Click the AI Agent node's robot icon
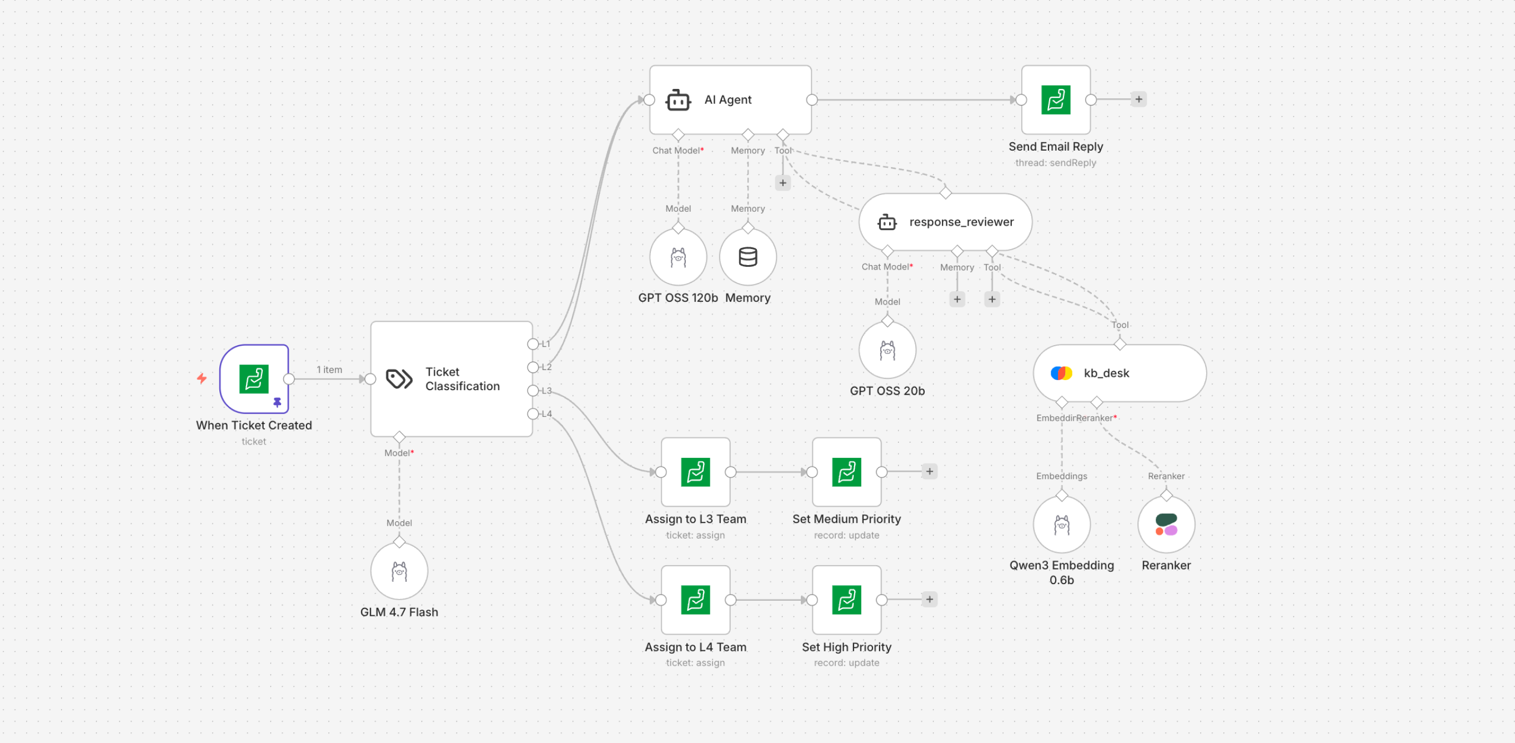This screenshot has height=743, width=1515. click(x=678, y=101)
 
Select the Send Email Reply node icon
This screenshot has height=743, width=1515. click(x=1055, y=100)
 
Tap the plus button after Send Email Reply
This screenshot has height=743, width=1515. click(x=1138, y=99)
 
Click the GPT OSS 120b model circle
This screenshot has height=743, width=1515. click(x=678, y=257)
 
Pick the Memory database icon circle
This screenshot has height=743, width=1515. click(x=748, y=257)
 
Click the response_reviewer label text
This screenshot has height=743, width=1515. click(x=961, y=222)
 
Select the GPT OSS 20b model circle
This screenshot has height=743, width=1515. click(x=887, y=351)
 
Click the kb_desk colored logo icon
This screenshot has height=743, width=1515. click(x=1060, y=373)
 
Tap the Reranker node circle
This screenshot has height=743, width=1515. click(x=1166, y=524)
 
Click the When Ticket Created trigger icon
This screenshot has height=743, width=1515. click(x=253, y=379)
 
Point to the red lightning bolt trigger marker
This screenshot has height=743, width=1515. click(x=202, y=378)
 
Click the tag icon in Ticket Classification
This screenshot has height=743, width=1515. click(x=399, y=379)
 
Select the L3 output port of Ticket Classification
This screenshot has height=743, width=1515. click(x=533, y=391)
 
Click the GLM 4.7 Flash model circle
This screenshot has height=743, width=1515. click(x=399, y=571)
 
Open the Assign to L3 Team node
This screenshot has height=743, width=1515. click(x=695, y=472)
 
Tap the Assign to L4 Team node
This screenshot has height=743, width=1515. click(x=695, y=600)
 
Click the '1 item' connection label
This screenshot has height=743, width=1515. click(x=329, y=370)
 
